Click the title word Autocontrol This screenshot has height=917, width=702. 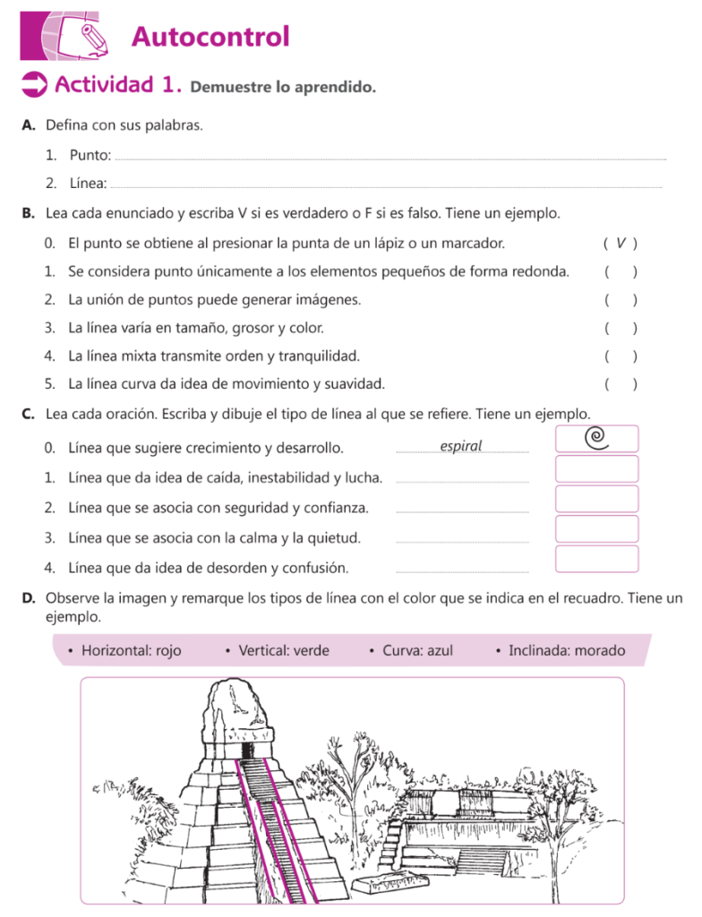[x=210, y=38]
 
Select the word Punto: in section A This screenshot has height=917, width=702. [x=90, y=156]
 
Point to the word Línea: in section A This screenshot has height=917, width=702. [x=89, y=184]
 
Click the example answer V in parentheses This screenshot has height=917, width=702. [x=621, y=243]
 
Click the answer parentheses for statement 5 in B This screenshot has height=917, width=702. [x=621, y=385]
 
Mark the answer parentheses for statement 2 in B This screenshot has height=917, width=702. [x=621, y=300]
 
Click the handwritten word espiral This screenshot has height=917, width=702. [x=461, y=446]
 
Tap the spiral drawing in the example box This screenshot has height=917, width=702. [x=595, y=437]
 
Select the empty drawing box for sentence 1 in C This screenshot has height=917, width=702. [x=596, y=468]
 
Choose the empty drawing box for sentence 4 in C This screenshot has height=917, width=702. [x=596, y=558]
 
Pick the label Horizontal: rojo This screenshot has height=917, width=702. [x=131, y=650]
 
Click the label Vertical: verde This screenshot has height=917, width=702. [x=283, y=650]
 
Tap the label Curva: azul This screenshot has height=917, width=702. [x=417, y=650]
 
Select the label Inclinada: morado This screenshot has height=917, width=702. [x=566, y=650]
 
